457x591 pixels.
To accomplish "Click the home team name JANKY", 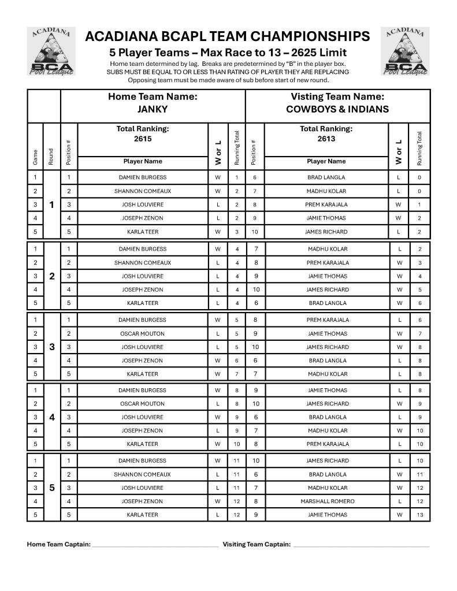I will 153,109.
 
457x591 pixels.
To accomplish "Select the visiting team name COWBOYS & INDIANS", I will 337,109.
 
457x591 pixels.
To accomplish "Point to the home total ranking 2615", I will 142,139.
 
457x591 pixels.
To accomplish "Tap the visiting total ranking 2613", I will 326,139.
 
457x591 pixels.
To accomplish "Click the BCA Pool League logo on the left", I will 52,51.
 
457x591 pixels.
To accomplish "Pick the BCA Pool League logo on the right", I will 405,51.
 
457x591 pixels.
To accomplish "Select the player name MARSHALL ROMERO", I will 327,501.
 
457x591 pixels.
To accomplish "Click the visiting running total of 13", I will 419,515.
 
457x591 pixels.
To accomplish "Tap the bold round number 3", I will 52,347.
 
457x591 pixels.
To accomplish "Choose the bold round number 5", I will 52,488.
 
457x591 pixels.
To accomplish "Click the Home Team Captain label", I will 59,544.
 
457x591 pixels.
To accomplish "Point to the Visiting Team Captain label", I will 257,544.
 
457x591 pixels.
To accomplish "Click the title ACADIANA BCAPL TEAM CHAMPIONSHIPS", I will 228,36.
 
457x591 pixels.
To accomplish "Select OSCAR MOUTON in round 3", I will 142,333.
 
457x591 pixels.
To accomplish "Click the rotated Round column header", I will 51,157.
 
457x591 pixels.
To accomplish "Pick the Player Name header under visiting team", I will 326,161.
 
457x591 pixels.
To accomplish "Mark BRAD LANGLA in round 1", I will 326,177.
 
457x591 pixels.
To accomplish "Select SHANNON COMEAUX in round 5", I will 142,474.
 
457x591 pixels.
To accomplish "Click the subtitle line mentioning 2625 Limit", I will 228,53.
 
